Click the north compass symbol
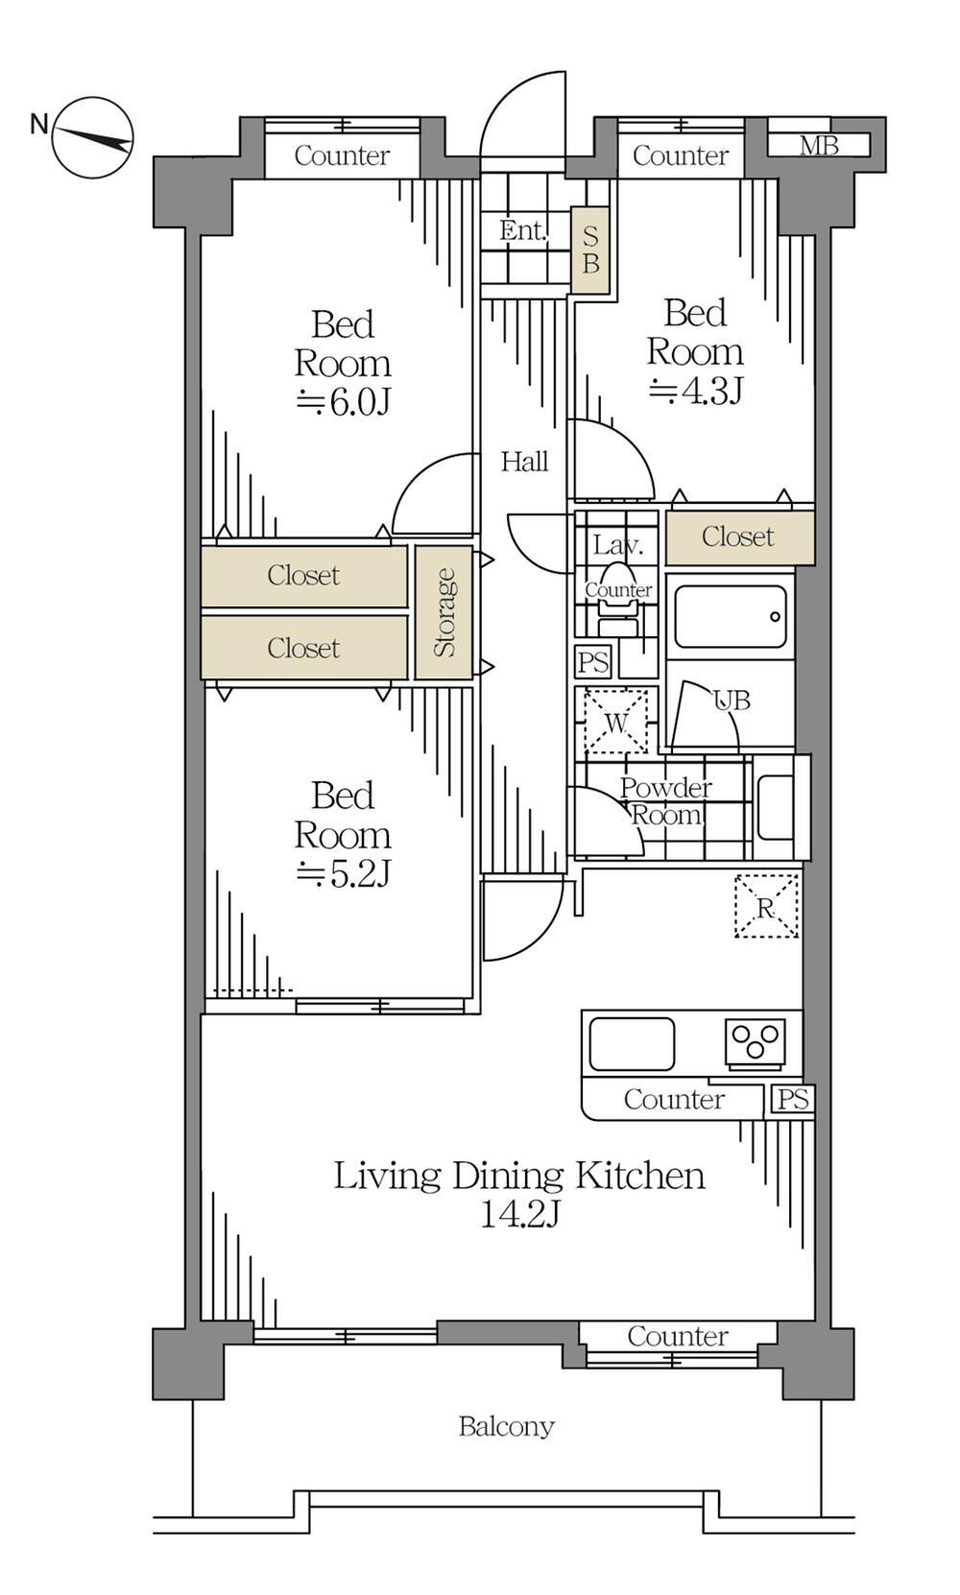pyautogui.click(x=92, y=137)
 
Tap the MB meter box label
pyautogui.click(x=818, y=146)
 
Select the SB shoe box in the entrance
pyautogui.click(x=590, y=250)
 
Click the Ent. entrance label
pyautogui.click(x=523, y=230)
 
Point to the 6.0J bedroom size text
pyautogui.click(x=344, y=402)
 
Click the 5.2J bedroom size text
pyautogui.click(x=344, y=873)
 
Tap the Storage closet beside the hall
pyautogui.click(x=444, y=612)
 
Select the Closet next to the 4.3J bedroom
pyautogui.click(x=740, y=536)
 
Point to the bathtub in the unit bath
pyautogui.click(x=731, y=617)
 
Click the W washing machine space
pyautogui.click(x=616, y=721)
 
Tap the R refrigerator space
pyautogui.click(x=766, y=906)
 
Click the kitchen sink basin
pyautogui.click(x=632, y=1044)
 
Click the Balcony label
pyautogui.click(x=506, y=1426)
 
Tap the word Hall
pyautogui.click(x=525, y=462)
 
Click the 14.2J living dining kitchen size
pyautogui.click(x=520, y=1213)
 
